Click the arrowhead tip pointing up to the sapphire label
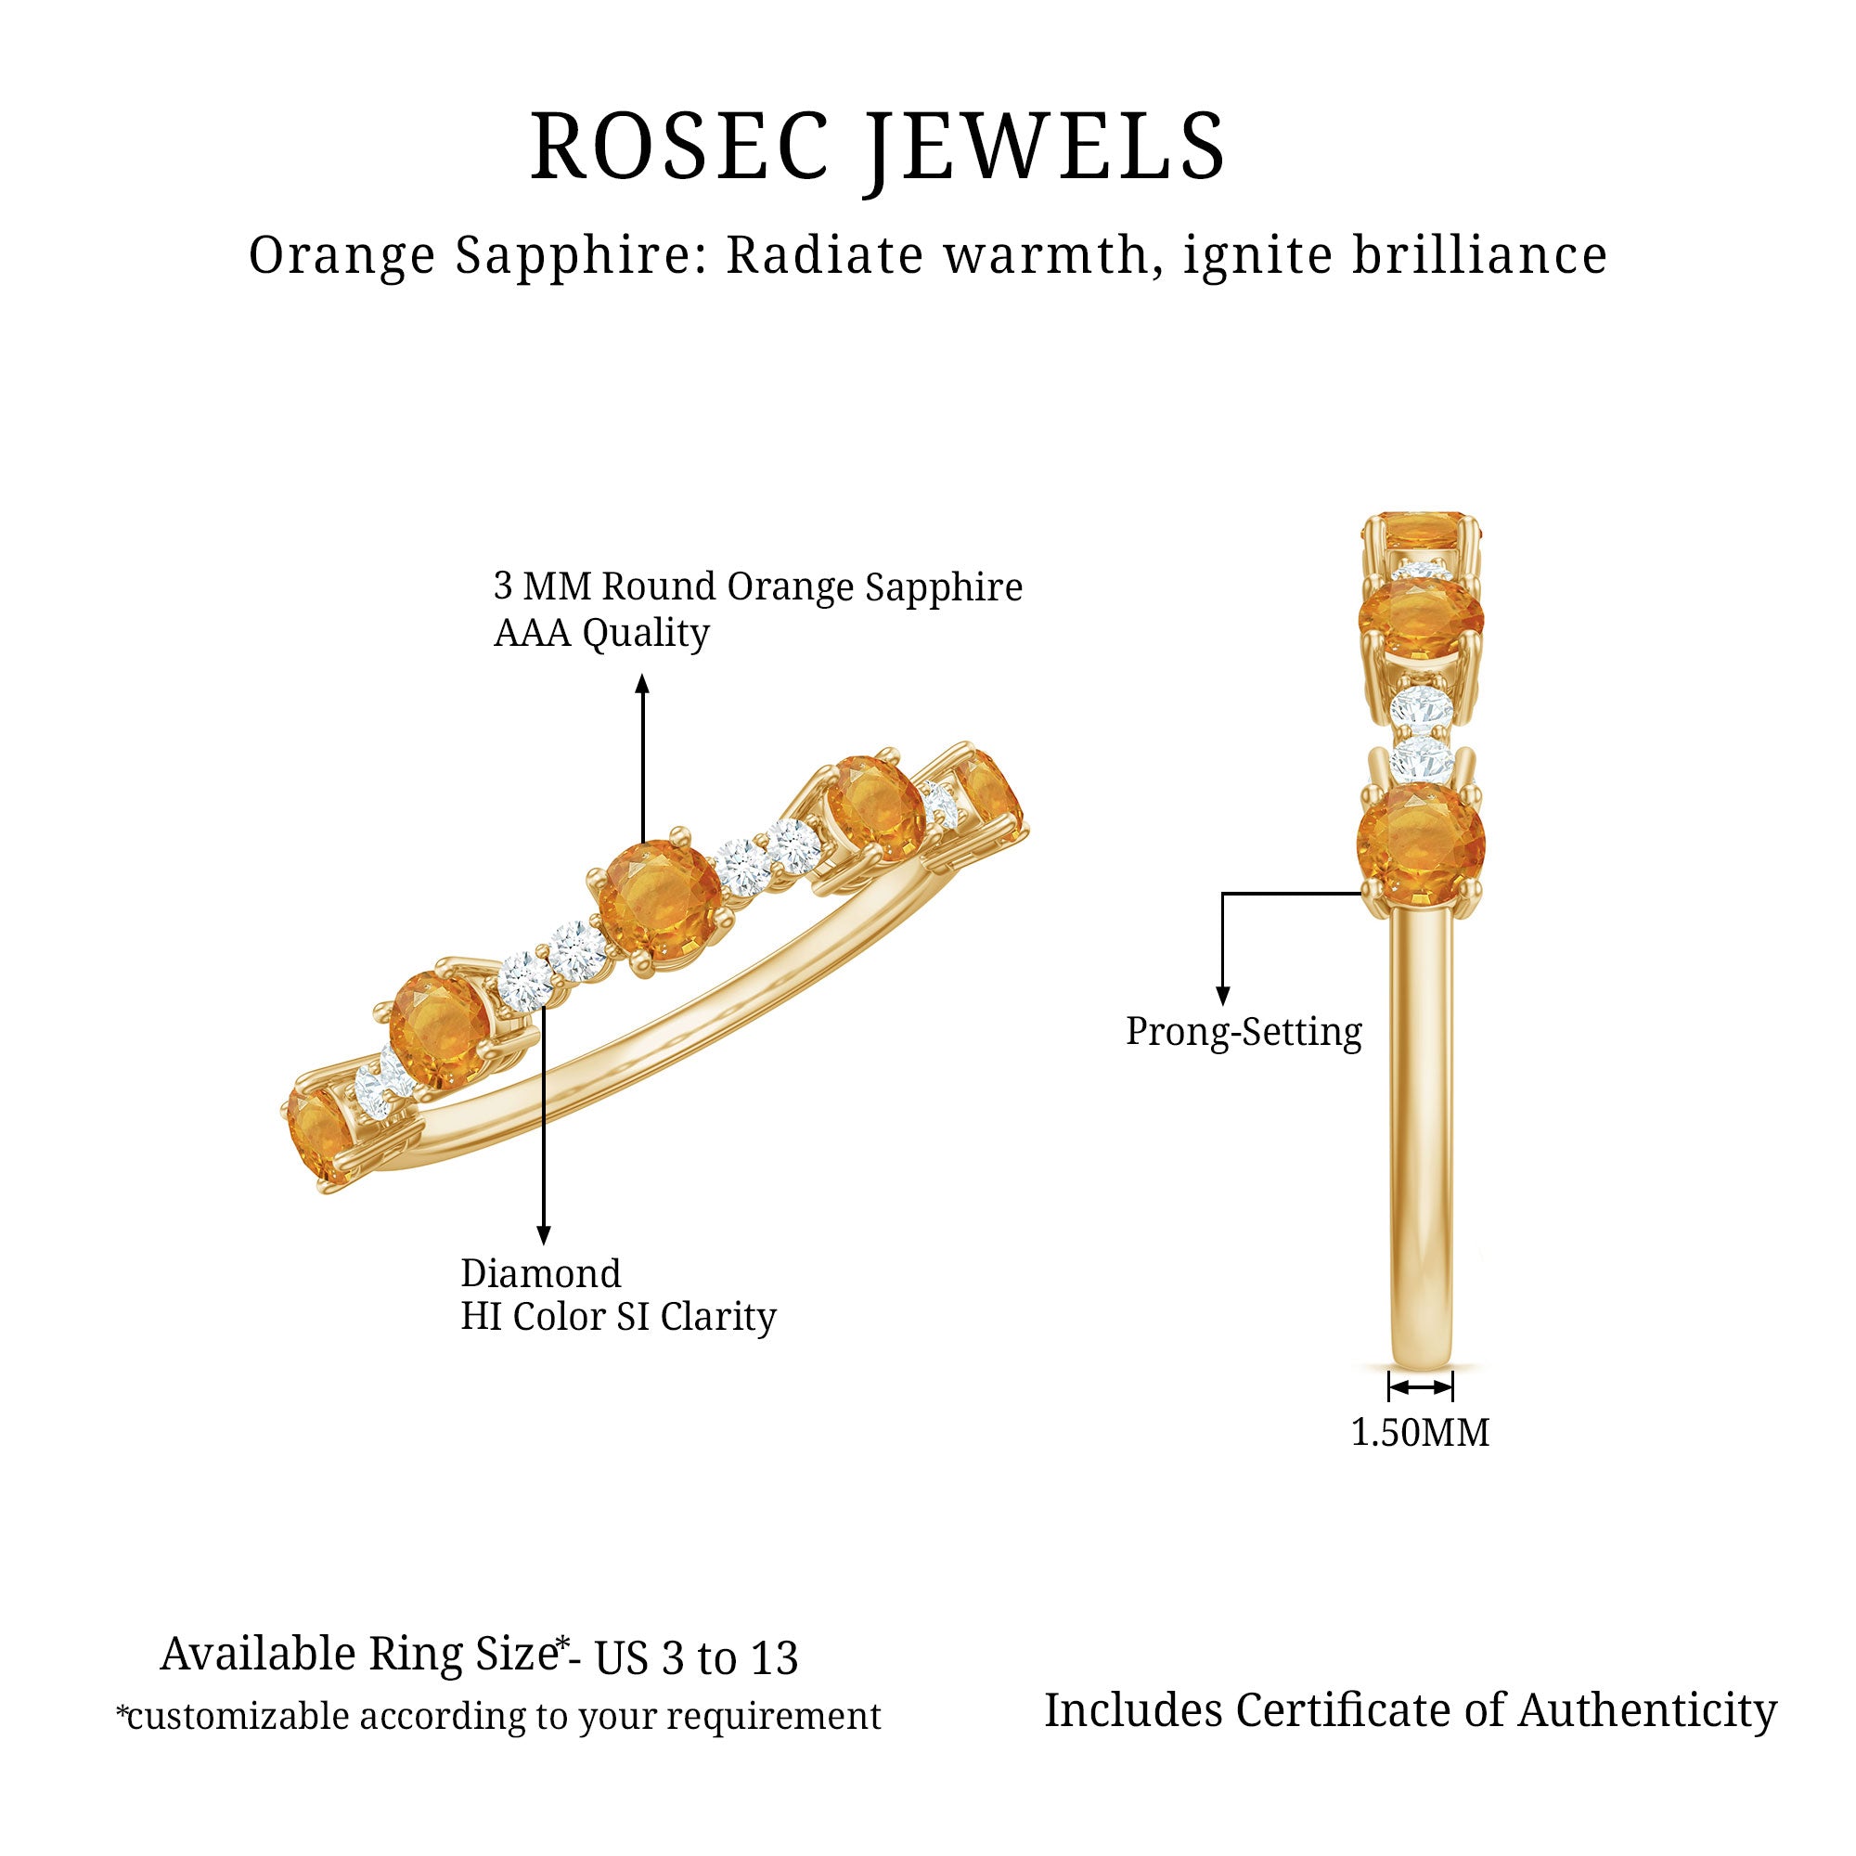coord(643,675)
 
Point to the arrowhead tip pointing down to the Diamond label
coord(544,1245)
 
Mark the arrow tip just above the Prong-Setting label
coord(1223,1006)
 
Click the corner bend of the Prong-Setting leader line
coord(1223,894)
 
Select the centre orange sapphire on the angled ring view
coord(658,904)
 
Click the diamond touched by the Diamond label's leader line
coord(526,980)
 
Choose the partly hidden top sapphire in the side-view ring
coord(1422,531)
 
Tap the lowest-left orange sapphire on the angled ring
coord(320,1137)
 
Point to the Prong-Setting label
coord(1244,1033)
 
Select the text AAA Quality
coord(601,633)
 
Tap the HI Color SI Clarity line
coord(619,1317)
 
